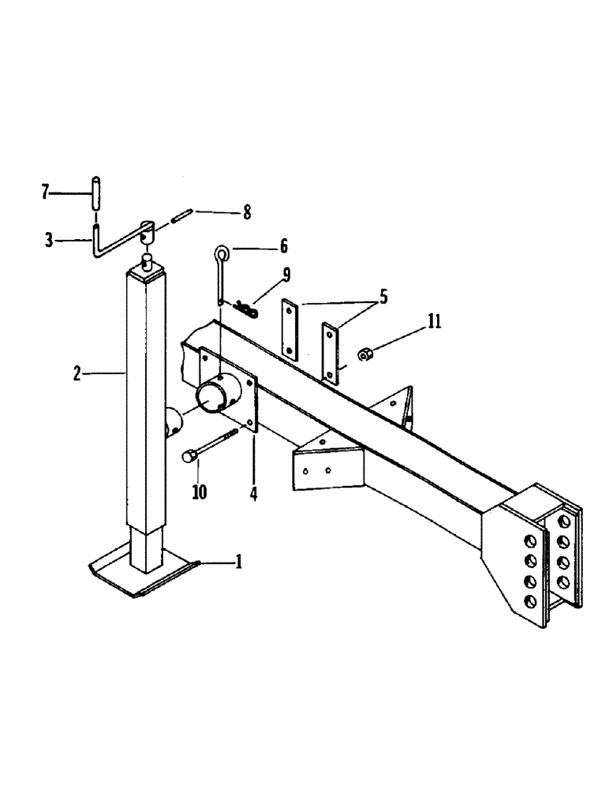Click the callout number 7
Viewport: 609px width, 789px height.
pos(45,191)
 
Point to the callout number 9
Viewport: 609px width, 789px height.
pos(286,275)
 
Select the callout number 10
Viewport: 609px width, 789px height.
pos(199,492)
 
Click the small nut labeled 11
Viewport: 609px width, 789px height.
pos(366,354)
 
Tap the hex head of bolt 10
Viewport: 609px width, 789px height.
pos(189,456)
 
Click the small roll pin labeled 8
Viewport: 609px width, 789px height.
pos(181,215)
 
